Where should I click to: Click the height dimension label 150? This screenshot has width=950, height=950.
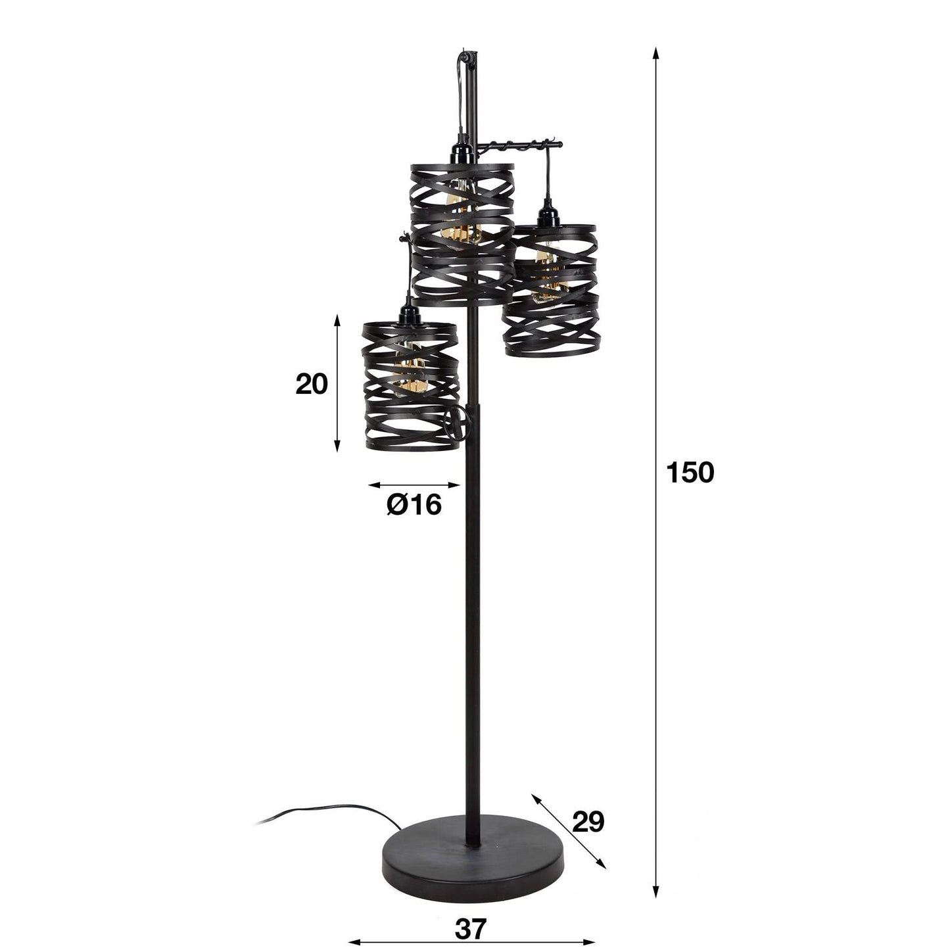690,472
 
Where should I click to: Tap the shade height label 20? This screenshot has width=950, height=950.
311,385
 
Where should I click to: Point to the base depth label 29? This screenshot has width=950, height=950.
588,822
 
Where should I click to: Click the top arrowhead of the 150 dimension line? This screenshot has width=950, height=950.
655,53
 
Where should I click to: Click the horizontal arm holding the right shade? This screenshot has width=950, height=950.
519,144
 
